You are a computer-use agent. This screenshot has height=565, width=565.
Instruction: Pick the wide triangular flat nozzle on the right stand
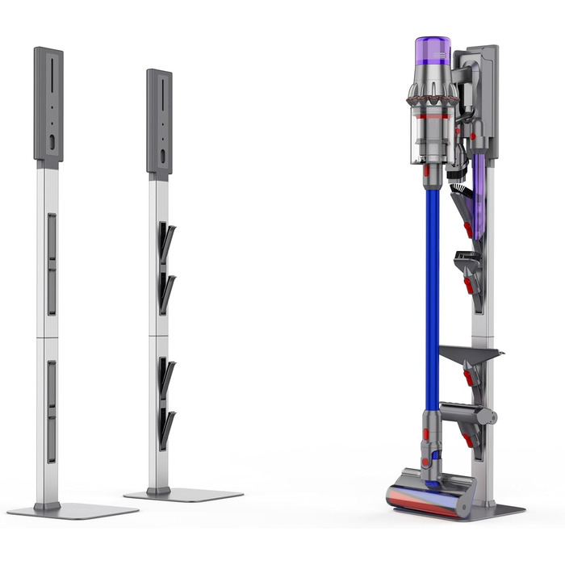point(471,352)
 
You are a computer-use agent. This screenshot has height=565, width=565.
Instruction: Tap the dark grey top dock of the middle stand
point(159,121)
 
